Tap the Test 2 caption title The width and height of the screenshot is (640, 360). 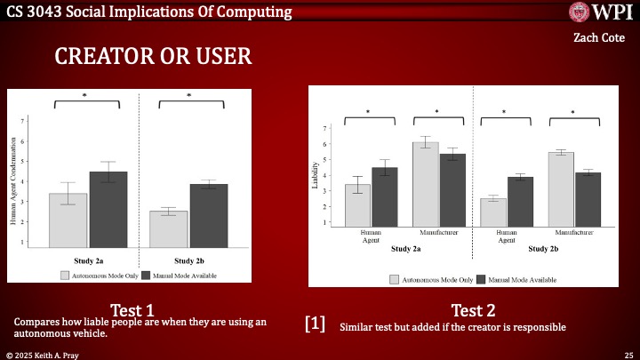click(474, 310)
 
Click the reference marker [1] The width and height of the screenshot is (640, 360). click(316, 324)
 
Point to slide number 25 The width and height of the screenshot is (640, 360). click(628, 354)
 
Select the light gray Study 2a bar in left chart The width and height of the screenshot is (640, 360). click(68, 220)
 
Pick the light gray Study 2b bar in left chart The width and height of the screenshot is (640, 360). click(168, 228)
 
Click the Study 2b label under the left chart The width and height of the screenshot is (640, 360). click(189, 260)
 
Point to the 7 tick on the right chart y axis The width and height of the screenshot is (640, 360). click(325, 128)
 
